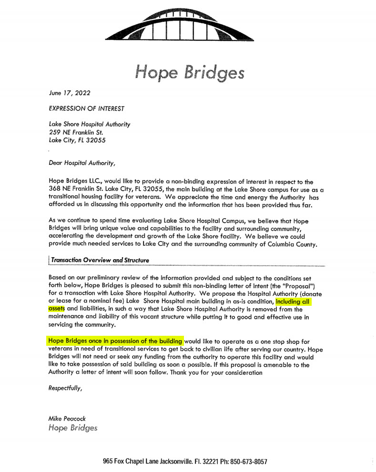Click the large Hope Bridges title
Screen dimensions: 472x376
190,72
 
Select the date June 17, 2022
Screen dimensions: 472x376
69,92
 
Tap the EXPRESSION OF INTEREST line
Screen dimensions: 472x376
86,108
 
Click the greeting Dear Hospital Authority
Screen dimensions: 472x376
81,163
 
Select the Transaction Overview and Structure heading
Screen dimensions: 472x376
100,260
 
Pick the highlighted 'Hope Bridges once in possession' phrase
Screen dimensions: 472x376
115,341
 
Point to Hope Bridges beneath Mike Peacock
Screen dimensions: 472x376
73,427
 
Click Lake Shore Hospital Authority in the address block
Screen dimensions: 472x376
90,124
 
